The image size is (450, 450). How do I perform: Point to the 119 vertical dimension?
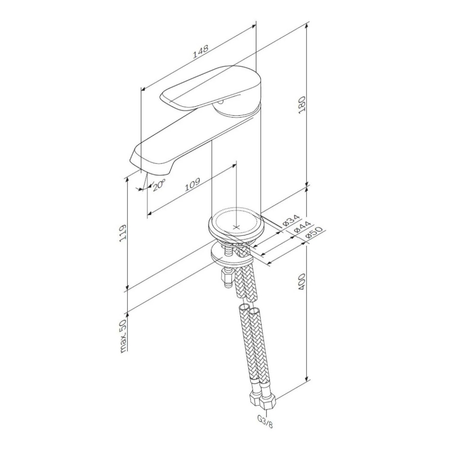point(122,233)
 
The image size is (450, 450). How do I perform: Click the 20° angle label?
point(159,185)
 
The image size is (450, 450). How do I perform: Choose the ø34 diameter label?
point(291,220)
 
